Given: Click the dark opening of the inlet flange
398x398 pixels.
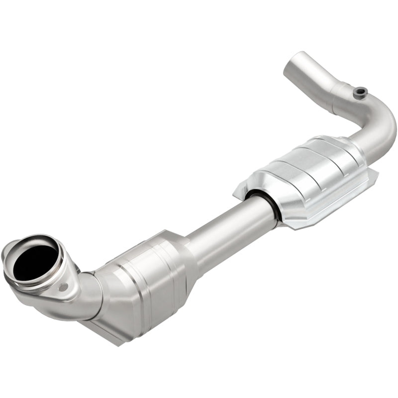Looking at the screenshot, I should click(x=34, y=260).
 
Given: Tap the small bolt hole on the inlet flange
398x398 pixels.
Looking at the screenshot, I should click(x=63, y=287).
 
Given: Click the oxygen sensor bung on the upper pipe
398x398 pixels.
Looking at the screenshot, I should click(x=360, y=91).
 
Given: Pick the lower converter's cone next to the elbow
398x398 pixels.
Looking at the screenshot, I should click(x=107, y=289).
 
